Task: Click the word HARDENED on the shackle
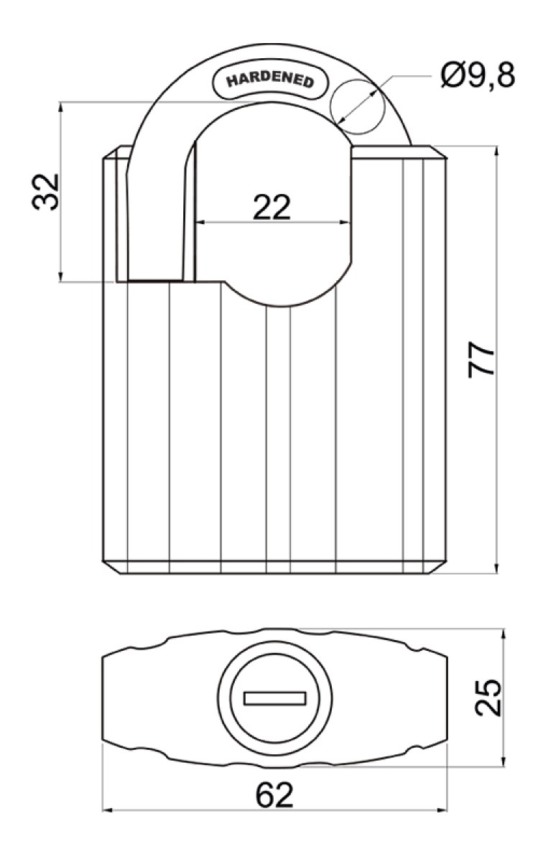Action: [x=270, y=80]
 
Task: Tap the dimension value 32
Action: [x=46, y=192]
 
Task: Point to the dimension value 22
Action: [x=271, y=208]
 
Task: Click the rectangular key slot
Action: [x=275, y=698]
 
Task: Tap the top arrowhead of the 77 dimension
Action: [x=496, y=152]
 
